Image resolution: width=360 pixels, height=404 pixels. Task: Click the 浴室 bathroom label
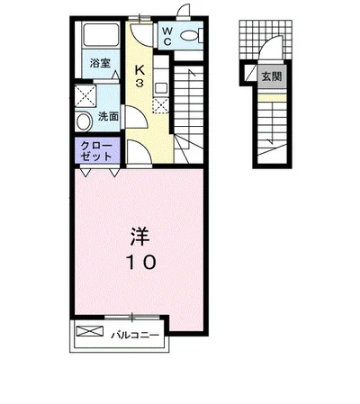click(x=100, y=63)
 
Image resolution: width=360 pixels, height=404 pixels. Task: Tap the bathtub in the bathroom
click(x=101, y=35)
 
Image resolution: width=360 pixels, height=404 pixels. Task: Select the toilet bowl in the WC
click(x=191, y=36)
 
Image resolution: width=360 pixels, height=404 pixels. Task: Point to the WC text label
click(x=167, y=36)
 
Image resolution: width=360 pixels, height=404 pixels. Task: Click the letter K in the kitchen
click(x=139, y=70)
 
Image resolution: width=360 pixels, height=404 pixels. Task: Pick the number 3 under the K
click(x=139, y=83)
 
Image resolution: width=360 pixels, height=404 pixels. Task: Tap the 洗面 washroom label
click(x=108, y=116)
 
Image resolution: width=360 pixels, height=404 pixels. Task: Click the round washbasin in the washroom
click(x=84, y=121)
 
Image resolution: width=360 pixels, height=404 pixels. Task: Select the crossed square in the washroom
click(x=85, y=96)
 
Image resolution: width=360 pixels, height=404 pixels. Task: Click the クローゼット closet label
click(x=96, y=151)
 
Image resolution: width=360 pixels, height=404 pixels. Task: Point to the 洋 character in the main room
click(x=139, y=236)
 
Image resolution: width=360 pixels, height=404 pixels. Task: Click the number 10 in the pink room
click(x=140, y=262)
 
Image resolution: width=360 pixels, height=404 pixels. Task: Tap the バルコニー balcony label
click(x=135, y=335)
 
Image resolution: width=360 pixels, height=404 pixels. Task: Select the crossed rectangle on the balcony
click(x=90, y=331)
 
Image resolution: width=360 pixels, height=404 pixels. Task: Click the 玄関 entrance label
click(x=272, y=76)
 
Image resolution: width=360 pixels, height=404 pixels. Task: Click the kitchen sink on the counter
click(x=161, y=88)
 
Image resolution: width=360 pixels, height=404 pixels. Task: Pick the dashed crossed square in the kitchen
click(x=161, y=105)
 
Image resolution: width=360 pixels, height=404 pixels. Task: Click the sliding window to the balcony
click(x=132, y=317)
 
